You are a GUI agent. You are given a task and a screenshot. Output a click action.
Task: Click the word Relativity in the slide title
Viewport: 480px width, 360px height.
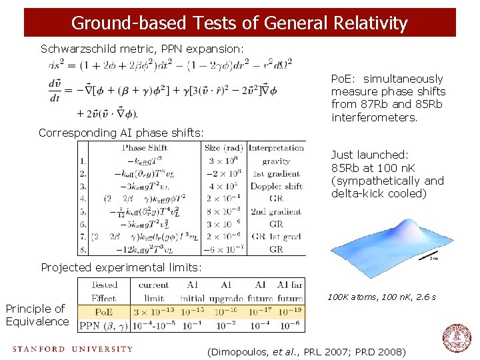coord(369,23)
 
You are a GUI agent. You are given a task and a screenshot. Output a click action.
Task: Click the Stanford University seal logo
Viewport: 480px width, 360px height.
coord(457,338)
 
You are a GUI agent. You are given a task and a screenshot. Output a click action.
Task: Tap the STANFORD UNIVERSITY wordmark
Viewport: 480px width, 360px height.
coord(72,349)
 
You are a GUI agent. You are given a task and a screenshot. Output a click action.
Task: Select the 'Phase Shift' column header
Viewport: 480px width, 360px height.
coord(144,148)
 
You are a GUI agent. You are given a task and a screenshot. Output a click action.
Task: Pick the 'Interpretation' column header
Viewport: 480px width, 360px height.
coord(276,148)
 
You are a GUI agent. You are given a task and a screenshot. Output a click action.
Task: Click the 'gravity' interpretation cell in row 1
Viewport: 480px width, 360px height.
coord(276,161)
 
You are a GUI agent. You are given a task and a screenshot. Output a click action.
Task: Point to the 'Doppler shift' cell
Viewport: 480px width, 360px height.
coord(276,186)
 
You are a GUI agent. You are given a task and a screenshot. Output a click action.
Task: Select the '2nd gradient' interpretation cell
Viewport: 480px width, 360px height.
coord(276,211)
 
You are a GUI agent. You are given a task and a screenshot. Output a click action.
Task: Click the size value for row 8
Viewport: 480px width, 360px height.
coord(223,249)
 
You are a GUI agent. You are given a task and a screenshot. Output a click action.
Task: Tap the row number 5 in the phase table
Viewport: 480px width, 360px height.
coord(83,211)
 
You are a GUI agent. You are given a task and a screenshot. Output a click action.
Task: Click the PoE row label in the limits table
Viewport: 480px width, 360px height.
coord(103,311)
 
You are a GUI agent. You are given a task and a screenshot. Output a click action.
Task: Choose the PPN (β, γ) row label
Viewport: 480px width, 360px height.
coord(103,325)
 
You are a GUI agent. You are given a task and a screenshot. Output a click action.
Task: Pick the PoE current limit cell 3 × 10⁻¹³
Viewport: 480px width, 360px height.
coord(154,311)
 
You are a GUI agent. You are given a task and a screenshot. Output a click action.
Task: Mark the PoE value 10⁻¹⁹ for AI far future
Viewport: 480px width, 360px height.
coord(289,311)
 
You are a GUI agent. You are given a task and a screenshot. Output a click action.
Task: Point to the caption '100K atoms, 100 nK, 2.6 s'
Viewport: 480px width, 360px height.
coord(381,296)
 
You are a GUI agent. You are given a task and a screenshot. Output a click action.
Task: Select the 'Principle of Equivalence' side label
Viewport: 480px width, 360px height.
coord(37,315)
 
